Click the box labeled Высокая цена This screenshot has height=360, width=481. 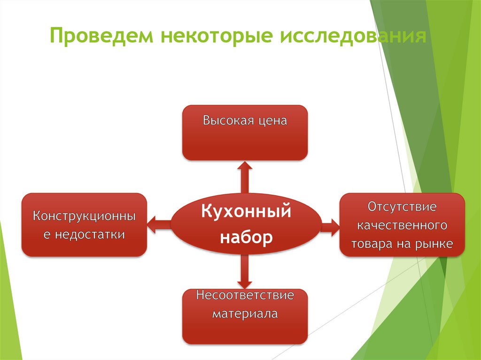click(245, 133)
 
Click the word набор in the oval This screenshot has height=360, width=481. click(247, 238)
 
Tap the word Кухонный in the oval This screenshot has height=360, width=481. click(247, 211)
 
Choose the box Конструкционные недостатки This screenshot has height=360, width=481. click(85, 224)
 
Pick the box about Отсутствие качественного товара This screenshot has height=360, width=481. click(402, 224)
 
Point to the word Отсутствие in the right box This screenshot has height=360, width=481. click(402, 207)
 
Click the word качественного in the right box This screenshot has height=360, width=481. click(402, 225)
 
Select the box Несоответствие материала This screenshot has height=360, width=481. click(245, 317)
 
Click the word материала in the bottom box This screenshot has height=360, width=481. click(245, 313)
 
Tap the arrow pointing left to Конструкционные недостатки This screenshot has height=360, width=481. click(159, 224)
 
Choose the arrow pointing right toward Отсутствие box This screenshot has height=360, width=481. click(330, 226)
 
